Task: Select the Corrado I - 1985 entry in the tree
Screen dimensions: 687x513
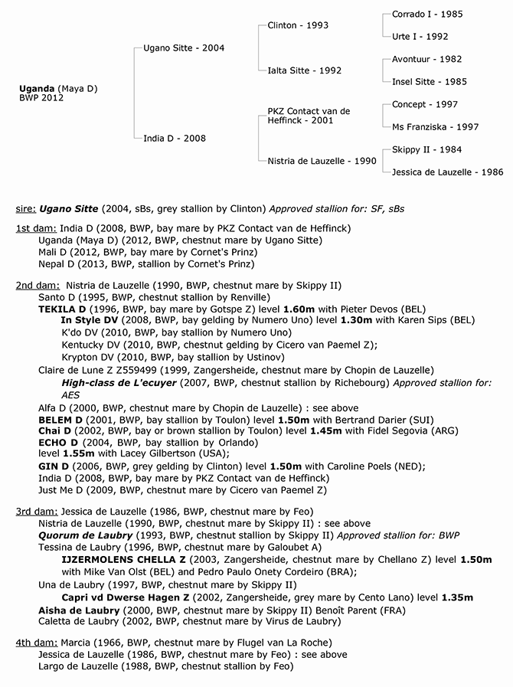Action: click(x=426, y=15)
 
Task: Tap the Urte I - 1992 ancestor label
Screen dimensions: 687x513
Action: click(x=420, y=36)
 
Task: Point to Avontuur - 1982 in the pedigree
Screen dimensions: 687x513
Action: click(x=426, y=59)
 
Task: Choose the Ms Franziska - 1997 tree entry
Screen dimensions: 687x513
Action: click(x=435, y=127)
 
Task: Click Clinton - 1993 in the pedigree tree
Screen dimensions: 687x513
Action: click(x=298, y=25)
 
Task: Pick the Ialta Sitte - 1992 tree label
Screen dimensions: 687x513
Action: click(x=304, y=70)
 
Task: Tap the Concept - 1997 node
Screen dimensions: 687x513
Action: click(x=424, y=104)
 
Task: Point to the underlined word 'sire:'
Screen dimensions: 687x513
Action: click(x=26, y=208)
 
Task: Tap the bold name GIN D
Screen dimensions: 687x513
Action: click(x=54, y=466)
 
